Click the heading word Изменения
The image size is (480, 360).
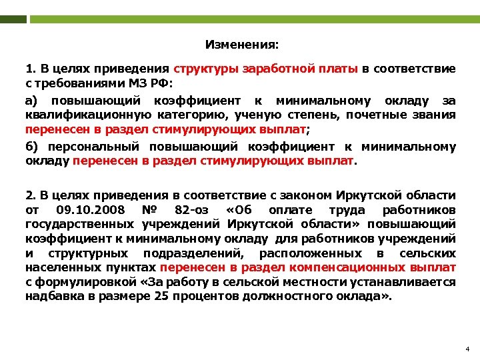(x=242, y=45)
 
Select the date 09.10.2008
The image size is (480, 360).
(x=85, y=210)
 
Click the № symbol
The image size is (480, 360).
(x=148, y=210)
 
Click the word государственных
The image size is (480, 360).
(x=79, y=224)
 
